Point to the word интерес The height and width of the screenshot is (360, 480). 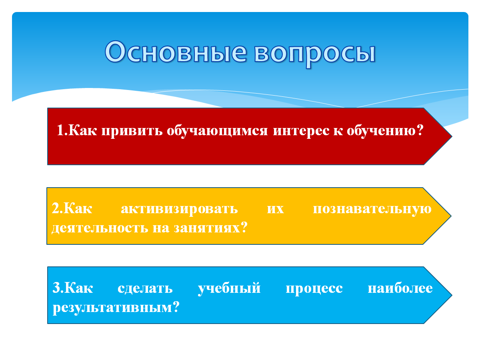[301, 131]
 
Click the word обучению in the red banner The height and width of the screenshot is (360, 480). [381, 131]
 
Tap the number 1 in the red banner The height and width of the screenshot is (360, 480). [60, 130]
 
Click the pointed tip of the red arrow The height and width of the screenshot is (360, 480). [452, 136]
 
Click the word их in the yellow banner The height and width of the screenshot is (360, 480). [275, 209]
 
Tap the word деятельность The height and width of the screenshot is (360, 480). [100, 228]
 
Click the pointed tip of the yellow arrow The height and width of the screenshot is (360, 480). [451, 216]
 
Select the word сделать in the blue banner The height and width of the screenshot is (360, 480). [145, 288]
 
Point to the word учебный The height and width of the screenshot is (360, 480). [229, 288]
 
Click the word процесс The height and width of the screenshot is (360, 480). [314, 289]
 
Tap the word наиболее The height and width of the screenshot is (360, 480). [400, 288]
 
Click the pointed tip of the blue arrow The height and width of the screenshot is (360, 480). [452, 295]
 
